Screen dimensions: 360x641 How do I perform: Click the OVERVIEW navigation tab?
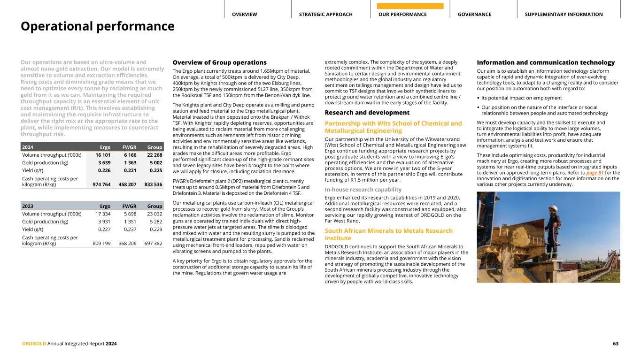[244, 15]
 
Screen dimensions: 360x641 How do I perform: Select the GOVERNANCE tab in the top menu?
[474, 15]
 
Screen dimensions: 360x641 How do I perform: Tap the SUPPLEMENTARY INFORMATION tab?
[564, 15]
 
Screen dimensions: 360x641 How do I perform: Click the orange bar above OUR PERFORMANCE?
[410, 6]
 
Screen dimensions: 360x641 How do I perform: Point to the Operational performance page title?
[97, 26]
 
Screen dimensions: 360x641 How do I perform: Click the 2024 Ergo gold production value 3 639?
[103, 163]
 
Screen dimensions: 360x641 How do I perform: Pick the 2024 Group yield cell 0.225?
[154, 171]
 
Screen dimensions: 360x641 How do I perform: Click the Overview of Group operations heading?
[220, 62]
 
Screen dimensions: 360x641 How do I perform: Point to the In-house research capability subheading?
[363, 190]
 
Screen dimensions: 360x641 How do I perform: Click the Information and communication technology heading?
[546, 62]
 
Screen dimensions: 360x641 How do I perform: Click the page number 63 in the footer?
[616, 344]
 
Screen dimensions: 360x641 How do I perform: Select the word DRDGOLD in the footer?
[34, 344]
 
